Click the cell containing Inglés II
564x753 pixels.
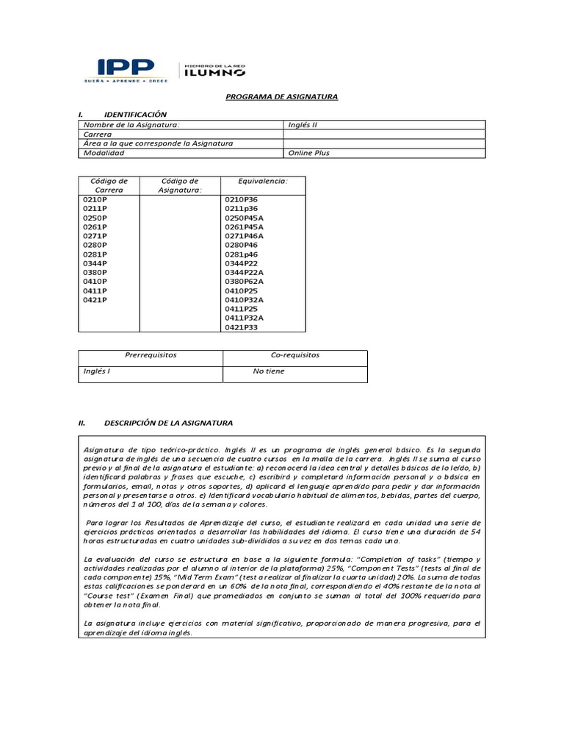click(303, 125)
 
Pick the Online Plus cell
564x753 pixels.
click(309, 153)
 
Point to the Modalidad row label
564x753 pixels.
click(104, 153)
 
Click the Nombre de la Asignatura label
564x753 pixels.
click(131, 125)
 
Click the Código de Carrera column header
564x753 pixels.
click(109, 185)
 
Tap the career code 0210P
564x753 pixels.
click(95, 199)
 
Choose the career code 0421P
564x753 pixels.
click(95, 300)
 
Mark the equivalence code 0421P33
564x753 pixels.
click(241, 327)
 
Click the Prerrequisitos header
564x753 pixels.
click(151, 355)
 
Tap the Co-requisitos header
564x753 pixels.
click(295, 355)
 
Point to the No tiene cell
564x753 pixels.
click(269, 371)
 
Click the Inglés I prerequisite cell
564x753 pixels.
click(97, 371)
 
